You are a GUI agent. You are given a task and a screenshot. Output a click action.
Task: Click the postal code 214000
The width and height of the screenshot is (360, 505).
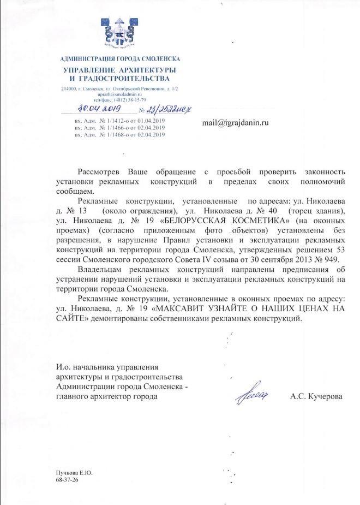tap(69, 88)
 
